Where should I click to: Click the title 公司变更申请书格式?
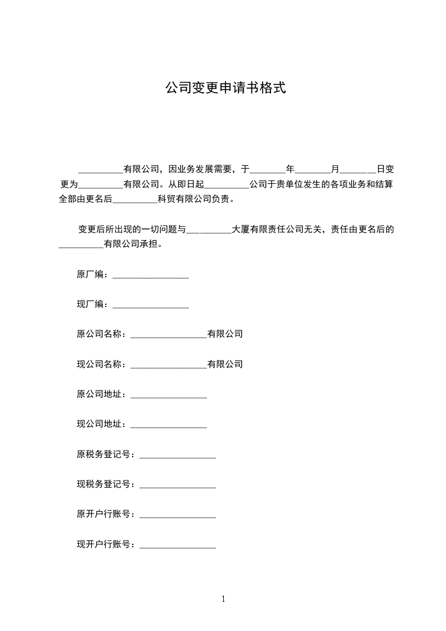pos(226,88)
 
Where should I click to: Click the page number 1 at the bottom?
pos(223,599)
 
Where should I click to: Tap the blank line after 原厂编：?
pos(151,275)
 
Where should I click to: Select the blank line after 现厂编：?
pos(151,305)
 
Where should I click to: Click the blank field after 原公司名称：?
pos(169,335)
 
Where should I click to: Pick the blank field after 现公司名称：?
pos(169,365)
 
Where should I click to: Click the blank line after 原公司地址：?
pos(169,395)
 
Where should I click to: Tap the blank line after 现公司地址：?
pos(169,425)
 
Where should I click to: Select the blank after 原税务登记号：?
pos(177,455)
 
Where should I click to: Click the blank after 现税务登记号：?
pos(177,485)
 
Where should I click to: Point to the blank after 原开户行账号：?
pos(177,515)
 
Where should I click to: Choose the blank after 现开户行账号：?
pos(177,545)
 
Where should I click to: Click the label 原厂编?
pos(90,274)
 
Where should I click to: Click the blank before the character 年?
pos(268,169)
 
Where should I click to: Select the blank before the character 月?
pos(313,169)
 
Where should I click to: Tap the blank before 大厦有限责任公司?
pos(209,230)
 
